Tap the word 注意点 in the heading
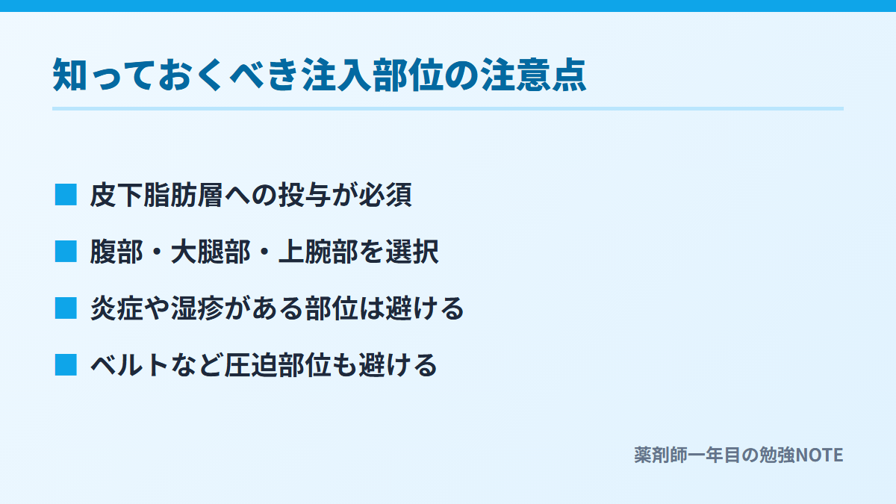pyautogui.click(x=533, y=75)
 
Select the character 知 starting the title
pyautogui.click(x=69, y=75)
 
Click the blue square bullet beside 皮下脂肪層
pyautogui.click(x=66, y=195)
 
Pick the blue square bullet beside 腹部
pyautogui.click(x=66, y=252)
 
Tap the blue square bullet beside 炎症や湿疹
pyautogui.click(x=66, y=308)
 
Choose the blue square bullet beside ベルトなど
pyautogui.click(x=66, y=365)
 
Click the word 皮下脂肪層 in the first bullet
pyautogui.click(x=156, y=195)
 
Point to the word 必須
pyautogui.click(x=385, y=195)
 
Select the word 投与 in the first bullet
pyautogui.click(x=305, y=195)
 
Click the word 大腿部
pyautogui.click(x=211, y=252)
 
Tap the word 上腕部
pyautogui.click(x=318, y=252)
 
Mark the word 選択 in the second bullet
pyautogui.click(x=412, y=252)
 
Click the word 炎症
pyautogui.click(x=116, y=308)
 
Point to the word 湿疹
pyautogui.click(x=197, y=308)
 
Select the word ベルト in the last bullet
pyautogui.click(x=129, y=365)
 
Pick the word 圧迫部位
pyautogui.click(x=278, y=365)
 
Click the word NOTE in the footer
pyautogui.click(x=819, y=455)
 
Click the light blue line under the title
pyautogui.click(x=448, y=109)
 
